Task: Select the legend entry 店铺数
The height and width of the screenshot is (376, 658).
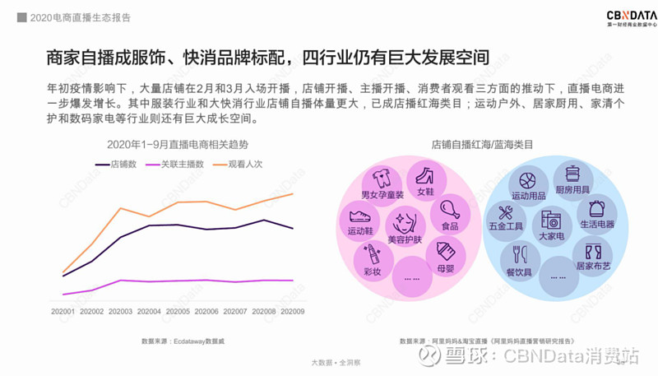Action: [x=117, y=164]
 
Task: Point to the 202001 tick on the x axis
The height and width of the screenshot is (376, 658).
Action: [x=63, y=311]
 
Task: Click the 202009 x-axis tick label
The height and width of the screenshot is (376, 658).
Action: [x=293, y=311]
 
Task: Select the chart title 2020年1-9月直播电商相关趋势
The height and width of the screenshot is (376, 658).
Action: [x=177, y=144]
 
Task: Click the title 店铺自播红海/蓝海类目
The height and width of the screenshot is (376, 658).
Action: [x=483, y=144]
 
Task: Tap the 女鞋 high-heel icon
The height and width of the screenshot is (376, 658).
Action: [x=425, y=176]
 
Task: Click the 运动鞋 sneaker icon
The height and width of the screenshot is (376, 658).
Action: [x=359, y=216]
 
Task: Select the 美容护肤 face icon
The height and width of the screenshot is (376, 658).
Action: [x=404, y=222]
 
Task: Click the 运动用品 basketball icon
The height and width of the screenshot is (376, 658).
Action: [x=529, y=180]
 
